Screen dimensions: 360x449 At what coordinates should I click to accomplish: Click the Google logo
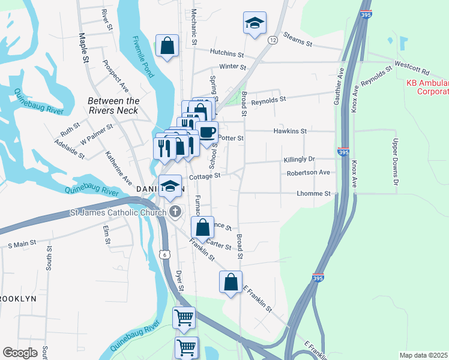20,352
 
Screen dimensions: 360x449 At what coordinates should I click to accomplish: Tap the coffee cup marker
207,131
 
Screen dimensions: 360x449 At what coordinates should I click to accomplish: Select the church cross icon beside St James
175,211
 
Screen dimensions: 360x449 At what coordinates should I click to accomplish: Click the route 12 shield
273,40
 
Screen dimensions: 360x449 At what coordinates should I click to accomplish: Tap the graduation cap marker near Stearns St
255,23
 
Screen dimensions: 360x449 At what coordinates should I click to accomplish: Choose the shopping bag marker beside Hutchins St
167,46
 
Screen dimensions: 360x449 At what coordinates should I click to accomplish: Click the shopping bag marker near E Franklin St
231,281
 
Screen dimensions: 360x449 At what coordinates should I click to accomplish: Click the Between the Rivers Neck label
113,106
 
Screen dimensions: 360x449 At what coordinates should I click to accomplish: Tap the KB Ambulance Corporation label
427,87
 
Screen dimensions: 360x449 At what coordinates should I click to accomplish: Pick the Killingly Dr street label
299,159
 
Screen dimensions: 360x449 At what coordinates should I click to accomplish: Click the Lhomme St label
314,194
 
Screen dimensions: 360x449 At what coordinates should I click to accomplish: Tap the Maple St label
83,47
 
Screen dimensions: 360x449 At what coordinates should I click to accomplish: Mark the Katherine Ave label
119,168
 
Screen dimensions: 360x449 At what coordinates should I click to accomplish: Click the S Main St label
22,244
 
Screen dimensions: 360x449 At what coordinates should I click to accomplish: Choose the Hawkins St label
290,130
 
